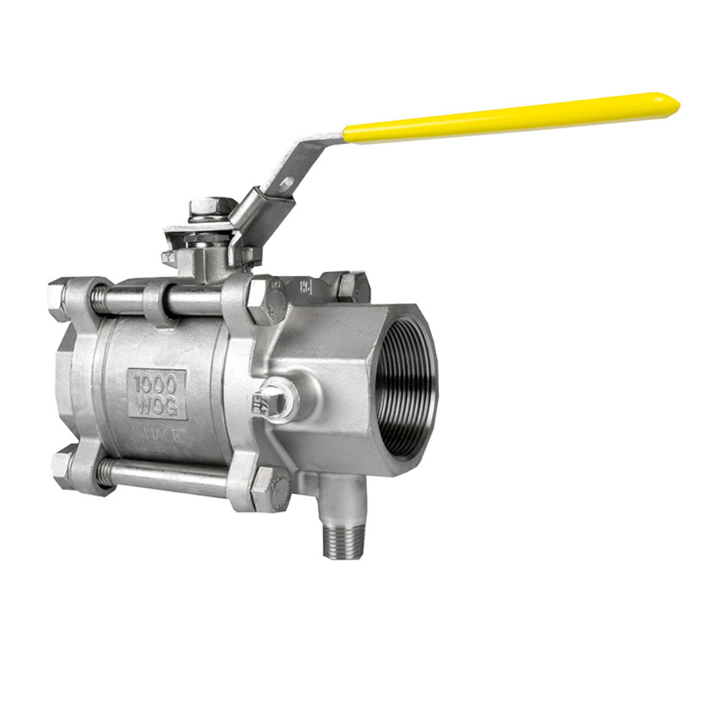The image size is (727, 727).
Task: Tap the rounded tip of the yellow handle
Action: (x=670, y=105)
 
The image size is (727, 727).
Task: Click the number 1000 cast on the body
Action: (x=155, y=384)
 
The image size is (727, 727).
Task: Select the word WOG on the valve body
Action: (x=156, y=406)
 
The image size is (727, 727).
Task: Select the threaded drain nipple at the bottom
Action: (x=343, y=539)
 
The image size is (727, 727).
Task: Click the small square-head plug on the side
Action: (x=272, y=403)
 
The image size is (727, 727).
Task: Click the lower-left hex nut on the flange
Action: (x=63, y=469)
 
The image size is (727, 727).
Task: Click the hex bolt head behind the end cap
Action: (x=353, y=285)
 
